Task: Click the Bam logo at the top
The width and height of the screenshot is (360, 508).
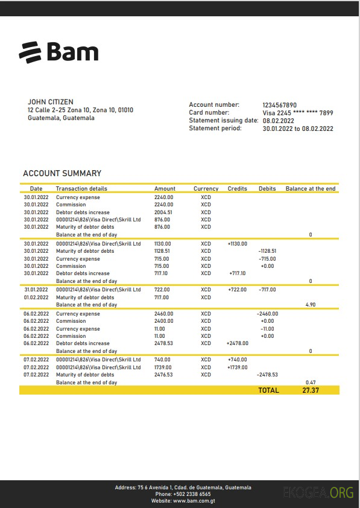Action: point(58,52)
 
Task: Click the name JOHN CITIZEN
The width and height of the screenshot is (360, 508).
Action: point(51,103)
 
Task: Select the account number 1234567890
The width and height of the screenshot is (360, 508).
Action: point(280,105)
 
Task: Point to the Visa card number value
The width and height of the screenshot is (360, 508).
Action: point(298,113)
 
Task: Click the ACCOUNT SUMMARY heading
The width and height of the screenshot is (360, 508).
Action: point(62,174)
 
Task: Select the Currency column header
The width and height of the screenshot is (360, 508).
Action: point(206,189)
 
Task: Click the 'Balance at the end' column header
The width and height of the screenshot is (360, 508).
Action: point(311,189)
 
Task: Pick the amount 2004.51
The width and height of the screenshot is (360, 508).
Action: point(163,212)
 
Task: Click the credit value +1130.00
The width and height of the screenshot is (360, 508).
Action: point(238,244)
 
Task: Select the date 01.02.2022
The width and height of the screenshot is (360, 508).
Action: point(36,297)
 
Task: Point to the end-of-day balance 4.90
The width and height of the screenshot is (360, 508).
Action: point(311,305)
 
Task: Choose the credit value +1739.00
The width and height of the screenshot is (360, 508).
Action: point(238,367)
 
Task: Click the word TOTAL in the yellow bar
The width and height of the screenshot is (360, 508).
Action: point(268,390)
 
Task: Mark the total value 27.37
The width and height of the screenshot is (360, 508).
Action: point(311,390)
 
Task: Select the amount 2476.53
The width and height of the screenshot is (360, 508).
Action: point(163,375)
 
